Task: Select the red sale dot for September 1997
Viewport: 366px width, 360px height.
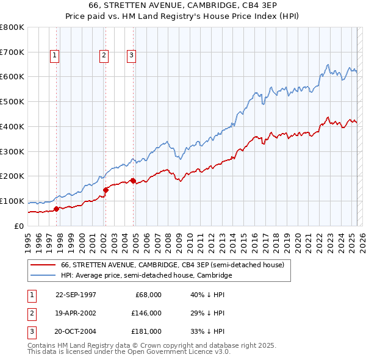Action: pyautogui.click(x=57, y=209)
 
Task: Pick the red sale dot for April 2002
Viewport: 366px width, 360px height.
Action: pyautogui.click(x=106, y=189)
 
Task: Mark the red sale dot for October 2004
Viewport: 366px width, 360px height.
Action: pyautogui.click(x=133, y=181)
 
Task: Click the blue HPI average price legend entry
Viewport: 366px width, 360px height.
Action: pyautogui.click(x=146, y=276)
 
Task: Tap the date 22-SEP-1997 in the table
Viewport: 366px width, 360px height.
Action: pyautogui.click(x=76, y=295)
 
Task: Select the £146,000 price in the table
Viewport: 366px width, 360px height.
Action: pyautogui.click(x=146, y=313)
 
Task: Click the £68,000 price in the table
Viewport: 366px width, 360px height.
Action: pyautogui.click(x=148, y=295)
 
